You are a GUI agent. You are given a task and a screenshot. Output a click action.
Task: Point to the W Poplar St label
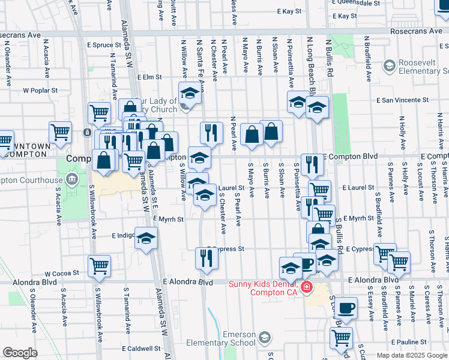[40, 91]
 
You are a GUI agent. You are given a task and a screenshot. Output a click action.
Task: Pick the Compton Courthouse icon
[72, 179]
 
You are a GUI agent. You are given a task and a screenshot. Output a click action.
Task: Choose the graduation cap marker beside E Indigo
[146, 238]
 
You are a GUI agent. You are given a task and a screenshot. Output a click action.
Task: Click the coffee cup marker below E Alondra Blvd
[345, 308]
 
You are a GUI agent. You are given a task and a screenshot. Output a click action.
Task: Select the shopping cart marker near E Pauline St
[341, 338]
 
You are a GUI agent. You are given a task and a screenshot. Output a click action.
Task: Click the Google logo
[20, 353]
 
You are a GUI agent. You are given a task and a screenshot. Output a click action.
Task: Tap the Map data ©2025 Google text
[412, 355]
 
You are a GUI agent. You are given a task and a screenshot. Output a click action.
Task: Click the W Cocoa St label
[62, 273]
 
